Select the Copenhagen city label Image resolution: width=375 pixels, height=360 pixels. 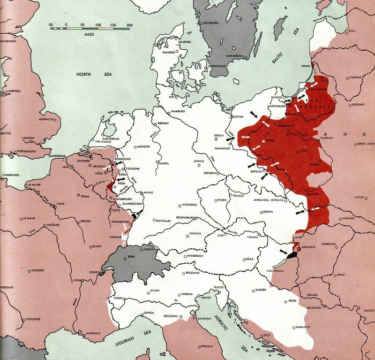pos(218,66)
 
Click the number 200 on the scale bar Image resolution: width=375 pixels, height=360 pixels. pos(129,25)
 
